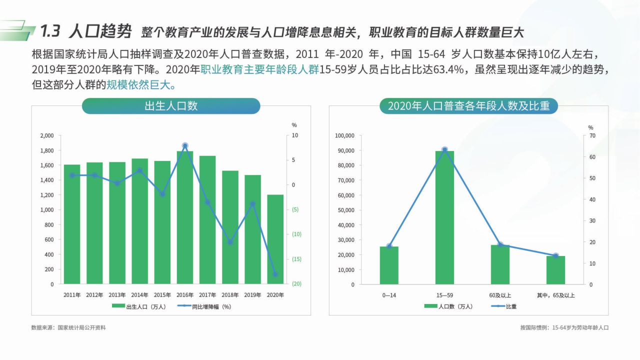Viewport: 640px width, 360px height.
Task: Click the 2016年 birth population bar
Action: point(185,217)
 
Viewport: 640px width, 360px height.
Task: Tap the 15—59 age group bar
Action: point(444,217)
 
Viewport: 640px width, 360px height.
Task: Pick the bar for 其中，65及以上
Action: point(555,270)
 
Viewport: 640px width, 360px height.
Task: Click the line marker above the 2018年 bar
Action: point(230,242)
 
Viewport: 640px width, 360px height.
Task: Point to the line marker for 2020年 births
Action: point(275,274)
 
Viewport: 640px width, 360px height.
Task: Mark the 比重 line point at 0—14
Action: point(389,246)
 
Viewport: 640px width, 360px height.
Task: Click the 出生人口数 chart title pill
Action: point(171,106)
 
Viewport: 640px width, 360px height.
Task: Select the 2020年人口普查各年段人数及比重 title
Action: point(468,106)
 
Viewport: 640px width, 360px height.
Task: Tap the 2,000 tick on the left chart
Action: point(46,135)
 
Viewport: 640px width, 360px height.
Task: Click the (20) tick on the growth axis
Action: point(296,284)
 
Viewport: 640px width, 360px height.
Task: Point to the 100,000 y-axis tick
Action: point(344,135)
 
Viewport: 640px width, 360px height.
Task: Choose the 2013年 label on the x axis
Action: point(117,295)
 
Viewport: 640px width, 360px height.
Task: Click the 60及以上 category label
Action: point(500,295)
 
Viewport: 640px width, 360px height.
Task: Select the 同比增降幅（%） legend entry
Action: point(204,307)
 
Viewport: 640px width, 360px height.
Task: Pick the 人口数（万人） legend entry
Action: point(448,306)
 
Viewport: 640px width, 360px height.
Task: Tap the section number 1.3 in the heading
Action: point(50,31)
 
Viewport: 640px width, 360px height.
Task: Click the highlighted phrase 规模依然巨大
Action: point(140,85)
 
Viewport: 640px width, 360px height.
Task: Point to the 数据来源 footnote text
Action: point(68,328)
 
